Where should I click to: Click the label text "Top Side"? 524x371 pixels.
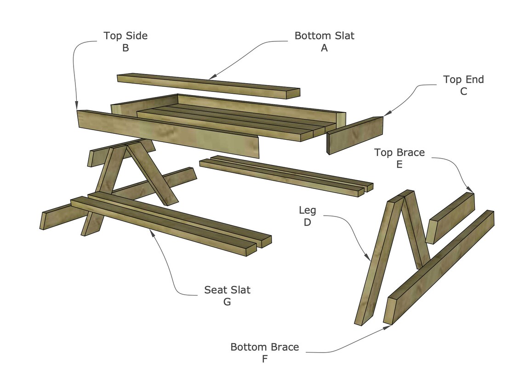[125, 36]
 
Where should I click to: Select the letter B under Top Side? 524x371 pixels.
[125, 48]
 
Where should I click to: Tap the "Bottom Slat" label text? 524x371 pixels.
[325, 36]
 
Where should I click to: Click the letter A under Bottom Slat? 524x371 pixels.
[325, 48]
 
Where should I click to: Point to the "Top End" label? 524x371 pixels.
[463, 80]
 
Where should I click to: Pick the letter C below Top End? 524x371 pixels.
[463, 91]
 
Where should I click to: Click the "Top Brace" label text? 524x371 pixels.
[399, 152]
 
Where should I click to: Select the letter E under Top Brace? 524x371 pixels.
[399, 164]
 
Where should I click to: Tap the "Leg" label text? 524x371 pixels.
[308, 211]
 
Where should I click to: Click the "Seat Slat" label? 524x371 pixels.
[227, 290]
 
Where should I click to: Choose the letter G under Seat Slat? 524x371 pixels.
[227, 302]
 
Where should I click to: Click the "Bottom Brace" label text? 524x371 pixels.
[265, 347]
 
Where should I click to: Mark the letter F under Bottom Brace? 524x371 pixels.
[265, 359]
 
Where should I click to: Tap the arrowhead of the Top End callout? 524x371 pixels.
[384, 115]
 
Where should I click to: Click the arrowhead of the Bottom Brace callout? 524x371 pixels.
[387, 326]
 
